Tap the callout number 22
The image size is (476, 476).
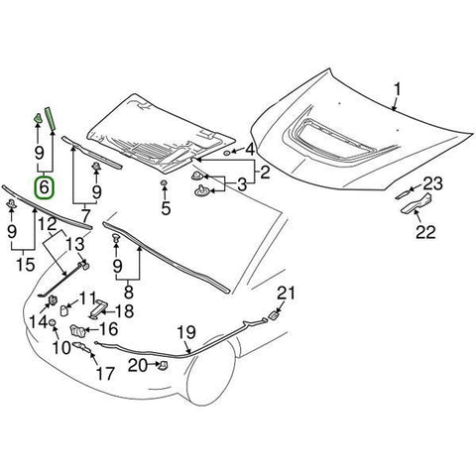[424, 233]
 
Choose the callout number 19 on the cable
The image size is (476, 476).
[185, 331]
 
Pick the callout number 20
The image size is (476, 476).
[140, 366]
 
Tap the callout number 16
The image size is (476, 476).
[108, 328]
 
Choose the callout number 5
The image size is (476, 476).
[167, 208]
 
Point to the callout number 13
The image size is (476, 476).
[75, 244]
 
